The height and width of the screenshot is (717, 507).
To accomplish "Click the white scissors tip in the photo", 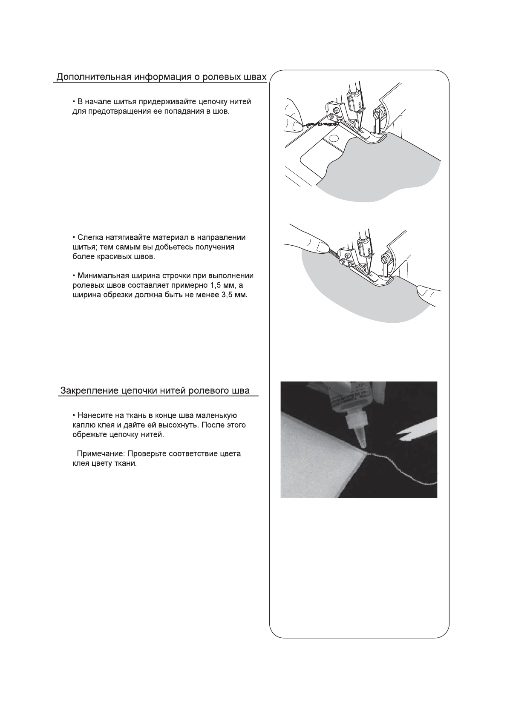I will point(399,434).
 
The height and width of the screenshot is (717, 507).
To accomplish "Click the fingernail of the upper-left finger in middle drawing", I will point(322,245).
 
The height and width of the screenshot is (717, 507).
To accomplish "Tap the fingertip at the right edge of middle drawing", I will point(424,291).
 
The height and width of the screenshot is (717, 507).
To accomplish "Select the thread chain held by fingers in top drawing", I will point(320,124).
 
